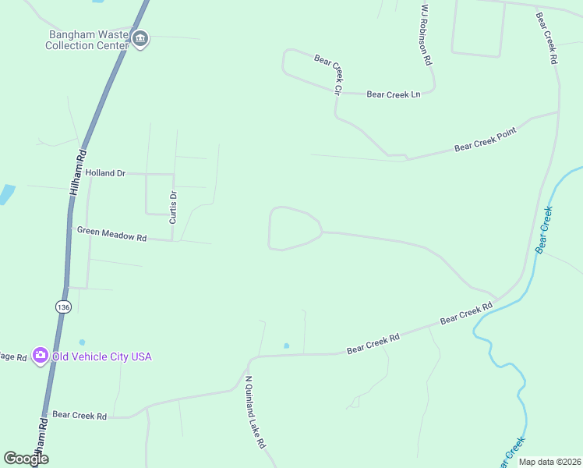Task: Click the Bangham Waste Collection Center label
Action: (87, 40)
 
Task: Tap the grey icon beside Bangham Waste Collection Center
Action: (140, 39)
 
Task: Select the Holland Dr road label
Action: (105, 173)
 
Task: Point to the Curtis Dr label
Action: (174, 207)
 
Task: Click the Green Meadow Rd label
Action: (111, 232)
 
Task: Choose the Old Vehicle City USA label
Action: (101, 356)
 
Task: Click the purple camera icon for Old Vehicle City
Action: (41, 356)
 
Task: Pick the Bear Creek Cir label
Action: (328, 74)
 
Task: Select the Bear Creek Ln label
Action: (393, 94)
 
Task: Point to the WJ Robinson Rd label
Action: (426, 34)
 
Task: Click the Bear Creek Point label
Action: (485, 141)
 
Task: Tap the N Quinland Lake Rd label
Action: (256, 413)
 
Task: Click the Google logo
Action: (26, 459)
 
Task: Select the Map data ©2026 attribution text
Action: (549, 462)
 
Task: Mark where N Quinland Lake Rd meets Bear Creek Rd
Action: (250, 361)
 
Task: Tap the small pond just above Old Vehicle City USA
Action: (82, 342)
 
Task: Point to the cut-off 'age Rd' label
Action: (13, 356)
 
